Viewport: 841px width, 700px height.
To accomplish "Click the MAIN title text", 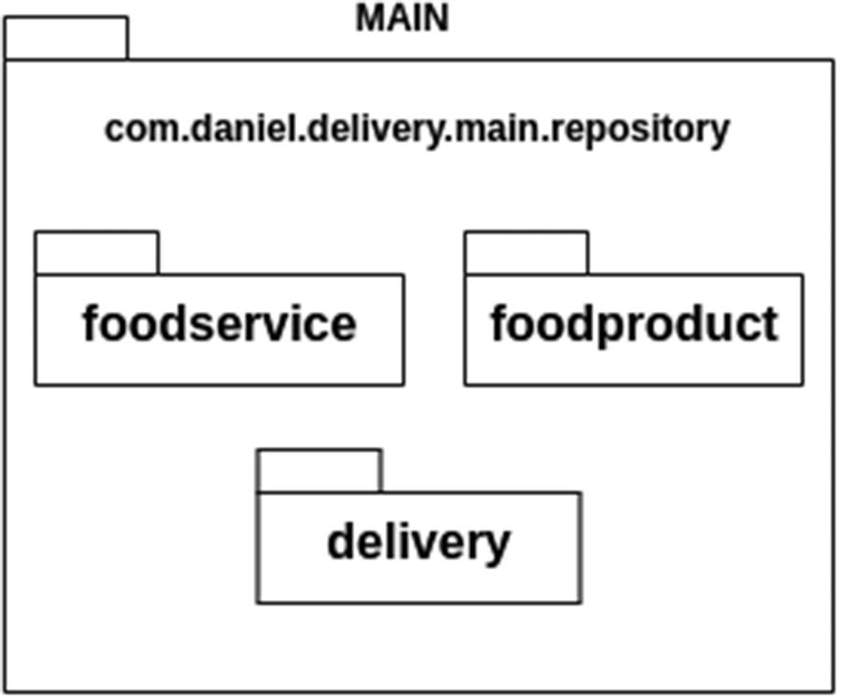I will point(402,18).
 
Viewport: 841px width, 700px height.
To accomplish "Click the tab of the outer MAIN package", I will point(65,38).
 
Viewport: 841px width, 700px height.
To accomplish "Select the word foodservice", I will point(219,324).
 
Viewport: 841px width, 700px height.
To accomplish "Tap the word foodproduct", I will point(634,324).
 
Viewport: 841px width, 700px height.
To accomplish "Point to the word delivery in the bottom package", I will point(419,542).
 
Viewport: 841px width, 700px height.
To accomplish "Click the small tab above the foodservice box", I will point(97,253).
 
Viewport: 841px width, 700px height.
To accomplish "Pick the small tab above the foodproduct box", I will point(526,253).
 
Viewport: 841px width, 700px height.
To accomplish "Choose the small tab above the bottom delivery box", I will point(320,470).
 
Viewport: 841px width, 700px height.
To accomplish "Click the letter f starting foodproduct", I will point(500,322).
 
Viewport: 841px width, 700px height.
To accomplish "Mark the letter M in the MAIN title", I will point(368,18).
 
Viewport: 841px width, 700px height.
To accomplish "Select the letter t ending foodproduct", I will point(769,324).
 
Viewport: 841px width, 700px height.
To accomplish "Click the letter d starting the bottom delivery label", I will point(341,541).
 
